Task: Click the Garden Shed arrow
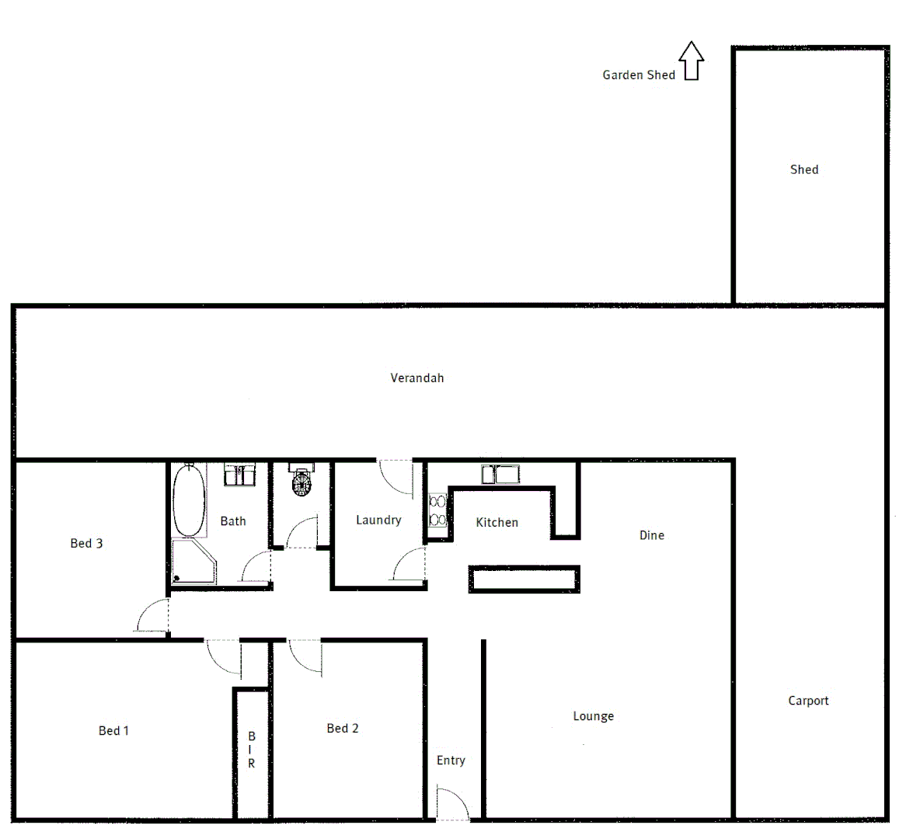coord(692,61)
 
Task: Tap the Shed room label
coord(804,169)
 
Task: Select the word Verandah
coord(417,378)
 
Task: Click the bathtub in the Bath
coord(189,500)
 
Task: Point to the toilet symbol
coord(301,482)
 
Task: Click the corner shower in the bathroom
coord(193,561)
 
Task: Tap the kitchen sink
coord(500,474)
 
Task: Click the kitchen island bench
coord(524,580)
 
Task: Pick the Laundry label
coord(378,520)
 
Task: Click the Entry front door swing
coord(452,805)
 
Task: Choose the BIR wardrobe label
coord(252,750)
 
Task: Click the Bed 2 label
coord(343,728)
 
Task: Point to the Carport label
coord(808,701)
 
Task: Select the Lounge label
coord(594,716)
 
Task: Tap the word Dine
coord(652,535)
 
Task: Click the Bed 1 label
coord(114,730)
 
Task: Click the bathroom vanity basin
coord(241,474)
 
